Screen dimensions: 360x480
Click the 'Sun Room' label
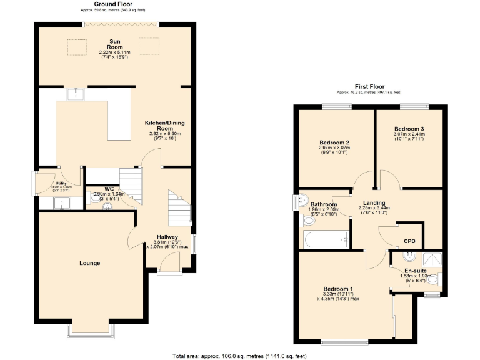tap(114, 44)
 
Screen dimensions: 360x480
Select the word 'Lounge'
tap(90, 263)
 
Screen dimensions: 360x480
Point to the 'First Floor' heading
tap(370, 86)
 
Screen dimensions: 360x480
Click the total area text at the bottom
tap(239, 356)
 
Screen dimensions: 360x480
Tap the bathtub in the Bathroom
tap(325, 239)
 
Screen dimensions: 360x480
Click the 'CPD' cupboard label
tap(409, 240)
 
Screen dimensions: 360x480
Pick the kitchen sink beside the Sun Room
tap(76, 94)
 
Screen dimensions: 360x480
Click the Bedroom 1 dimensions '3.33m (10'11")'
tap(337, 294)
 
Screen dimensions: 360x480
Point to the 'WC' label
tap(109, 189)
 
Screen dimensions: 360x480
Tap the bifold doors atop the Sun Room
tap(120, 24)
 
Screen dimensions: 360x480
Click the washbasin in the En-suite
tap(410, 256)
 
